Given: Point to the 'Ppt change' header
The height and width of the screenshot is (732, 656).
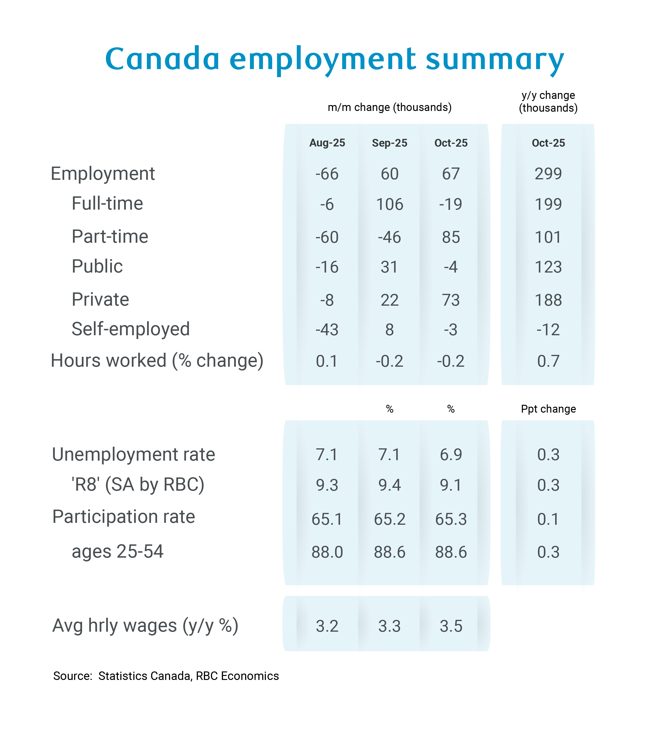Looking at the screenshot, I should (x=548, y=409).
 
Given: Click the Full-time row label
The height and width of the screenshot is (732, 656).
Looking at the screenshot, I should (x=107, y=203).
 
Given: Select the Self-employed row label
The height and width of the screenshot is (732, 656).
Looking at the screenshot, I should (x=131, y=329).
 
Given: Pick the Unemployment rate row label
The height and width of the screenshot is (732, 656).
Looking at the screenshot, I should (x=133, y=454).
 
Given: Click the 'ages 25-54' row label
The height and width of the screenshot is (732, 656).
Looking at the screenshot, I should (x=118, y=551).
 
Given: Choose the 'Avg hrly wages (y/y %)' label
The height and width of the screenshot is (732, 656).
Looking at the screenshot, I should (x=145, y=626).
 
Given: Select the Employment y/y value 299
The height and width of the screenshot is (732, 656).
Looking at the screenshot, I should (x=548, y=174).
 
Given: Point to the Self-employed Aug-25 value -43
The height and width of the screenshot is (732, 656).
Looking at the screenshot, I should (x=327, y=330).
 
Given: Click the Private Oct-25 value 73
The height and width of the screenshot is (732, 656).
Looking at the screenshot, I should (x=451, y=300).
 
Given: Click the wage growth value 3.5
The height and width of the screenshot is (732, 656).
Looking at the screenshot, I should (x=451, y=626).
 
